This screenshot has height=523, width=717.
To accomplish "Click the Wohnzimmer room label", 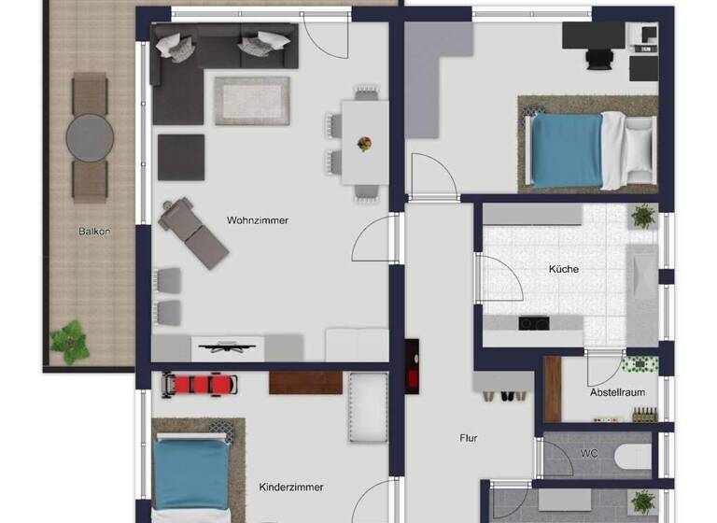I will coord(258,220).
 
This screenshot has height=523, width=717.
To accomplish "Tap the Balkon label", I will coord(94,231).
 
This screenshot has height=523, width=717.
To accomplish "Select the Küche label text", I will coord(564,269).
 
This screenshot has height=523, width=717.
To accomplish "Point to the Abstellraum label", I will coord(617,392).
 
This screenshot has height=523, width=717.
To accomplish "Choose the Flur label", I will coord(469,437).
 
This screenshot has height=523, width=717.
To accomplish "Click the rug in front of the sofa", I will coord(245,100).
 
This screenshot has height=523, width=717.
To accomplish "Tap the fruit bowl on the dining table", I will coord(365,144).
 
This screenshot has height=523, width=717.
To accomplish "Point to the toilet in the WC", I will coord(633,455).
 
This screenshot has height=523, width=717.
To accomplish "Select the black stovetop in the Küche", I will coord(533,324).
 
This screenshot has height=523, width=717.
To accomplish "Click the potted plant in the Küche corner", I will coord(643,217).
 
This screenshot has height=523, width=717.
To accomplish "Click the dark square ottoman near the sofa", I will coord(180,157).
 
